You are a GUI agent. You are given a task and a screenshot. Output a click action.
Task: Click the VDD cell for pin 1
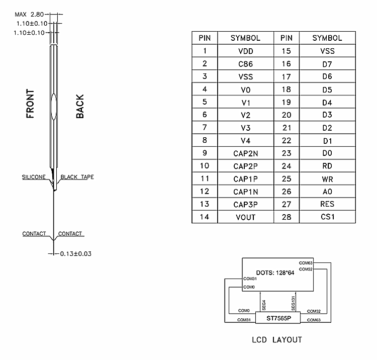(245, 51)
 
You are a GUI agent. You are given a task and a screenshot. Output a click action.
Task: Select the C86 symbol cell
(245, 64)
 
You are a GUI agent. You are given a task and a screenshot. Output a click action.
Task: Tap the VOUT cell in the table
(245, 217)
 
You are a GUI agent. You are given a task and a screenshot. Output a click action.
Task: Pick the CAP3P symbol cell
(245, 205)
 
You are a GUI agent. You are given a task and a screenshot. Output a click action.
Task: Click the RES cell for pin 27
(327, 204)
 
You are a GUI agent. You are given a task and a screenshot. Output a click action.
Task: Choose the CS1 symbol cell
(327, 217)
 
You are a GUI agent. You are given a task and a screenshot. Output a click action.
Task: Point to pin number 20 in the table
(287, 115)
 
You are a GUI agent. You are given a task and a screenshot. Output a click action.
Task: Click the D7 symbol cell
(327, 64)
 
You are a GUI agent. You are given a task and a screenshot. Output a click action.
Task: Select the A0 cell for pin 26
(327, 192)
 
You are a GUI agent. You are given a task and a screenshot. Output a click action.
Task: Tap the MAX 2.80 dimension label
(29, 15)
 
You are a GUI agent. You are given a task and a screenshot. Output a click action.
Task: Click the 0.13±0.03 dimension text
(76, 254)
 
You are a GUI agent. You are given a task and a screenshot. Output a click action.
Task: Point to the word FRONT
(30, 104)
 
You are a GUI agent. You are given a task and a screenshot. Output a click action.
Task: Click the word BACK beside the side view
(80, 106)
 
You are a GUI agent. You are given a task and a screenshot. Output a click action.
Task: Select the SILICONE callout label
(34, 177)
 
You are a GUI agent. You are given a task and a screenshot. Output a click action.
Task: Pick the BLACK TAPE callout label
(77, 177)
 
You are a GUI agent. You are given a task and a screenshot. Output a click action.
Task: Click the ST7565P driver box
(278, 318)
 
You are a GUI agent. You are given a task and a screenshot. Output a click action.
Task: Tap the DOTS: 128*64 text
(275, 273)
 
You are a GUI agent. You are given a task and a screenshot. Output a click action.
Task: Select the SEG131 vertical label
(293, 303)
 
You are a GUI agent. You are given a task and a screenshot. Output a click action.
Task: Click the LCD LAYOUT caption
(277, 339)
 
